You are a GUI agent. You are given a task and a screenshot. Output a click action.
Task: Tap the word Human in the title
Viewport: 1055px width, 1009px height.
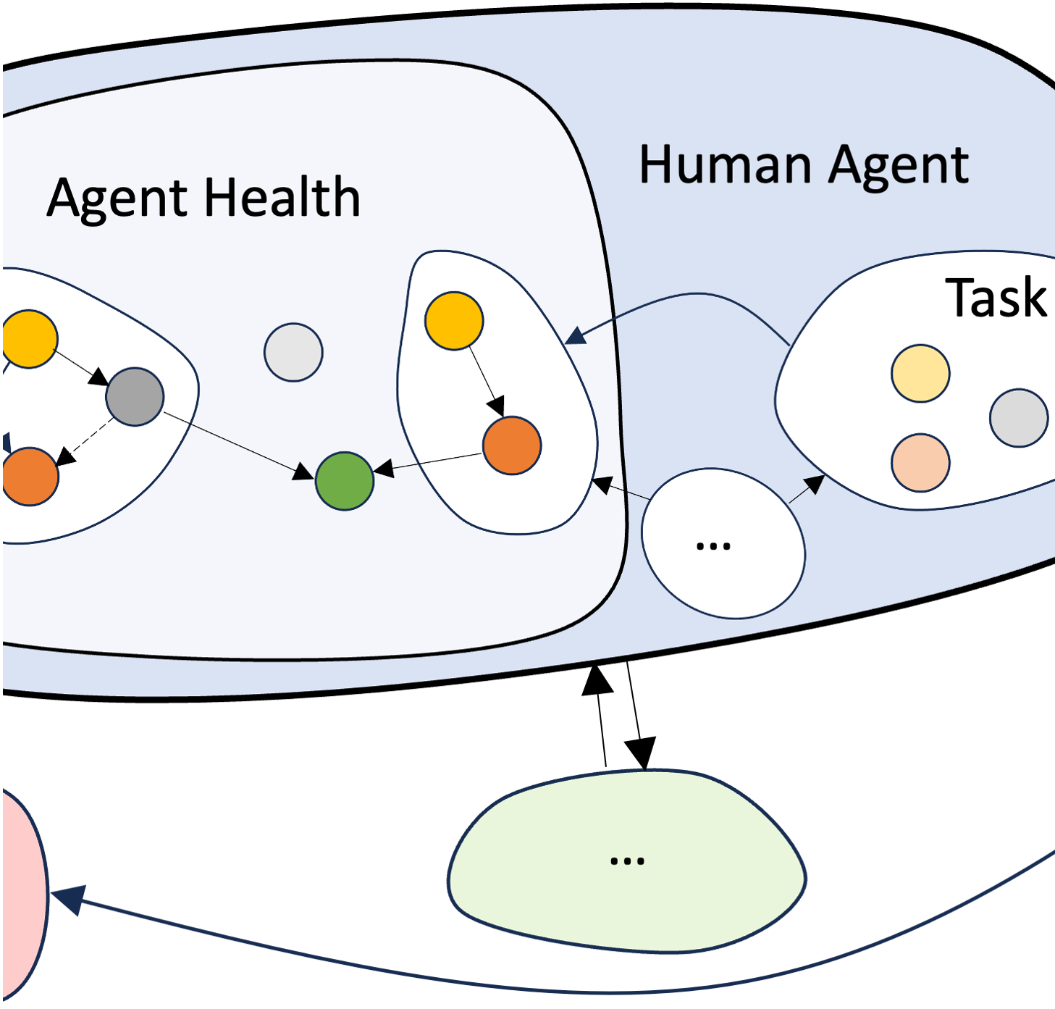726,165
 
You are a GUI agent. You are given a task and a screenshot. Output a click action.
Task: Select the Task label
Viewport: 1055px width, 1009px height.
996,298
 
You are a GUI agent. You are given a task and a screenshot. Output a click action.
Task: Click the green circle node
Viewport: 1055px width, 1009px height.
345,481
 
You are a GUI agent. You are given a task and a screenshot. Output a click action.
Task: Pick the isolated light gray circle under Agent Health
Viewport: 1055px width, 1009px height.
293,352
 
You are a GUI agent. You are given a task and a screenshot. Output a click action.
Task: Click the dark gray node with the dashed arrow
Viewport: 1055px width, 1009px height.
135,396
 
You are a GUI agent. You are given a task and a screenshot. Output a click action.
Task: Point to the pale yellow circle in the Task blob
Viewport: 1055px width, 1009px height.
920,374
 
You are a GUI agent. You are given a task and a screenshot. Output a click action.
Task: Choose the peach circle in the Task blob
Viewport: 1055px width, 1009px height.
920,463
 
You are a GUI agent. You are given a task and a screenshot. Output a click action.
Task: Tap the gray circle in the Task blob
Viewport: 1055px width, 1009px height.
1019,418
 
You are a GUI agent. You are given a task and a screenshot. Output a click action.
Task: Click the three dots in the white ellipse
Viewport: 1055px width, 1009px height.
713,546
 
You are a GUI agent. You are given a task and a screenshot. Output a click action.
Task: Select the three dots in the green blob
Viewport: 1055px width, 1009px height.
627,861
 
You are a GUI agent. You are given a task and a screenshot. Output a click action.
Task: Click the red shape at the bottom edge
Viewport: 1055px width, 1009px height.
22,895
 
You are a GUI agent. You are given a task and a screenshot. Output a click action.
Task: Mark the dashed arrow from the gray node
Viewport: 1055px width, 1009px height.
87,440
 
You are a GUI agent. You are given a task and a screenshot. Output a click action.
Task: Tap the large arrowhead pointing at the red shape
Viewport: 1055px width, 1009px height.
70,900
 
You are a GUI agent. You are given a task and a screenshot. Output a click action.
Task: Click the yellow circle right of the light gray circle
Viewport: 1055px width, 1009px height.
454,321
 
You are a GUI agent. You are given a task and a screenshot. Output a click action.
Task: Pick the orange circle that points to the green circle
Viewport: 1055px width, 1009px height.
512,445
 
